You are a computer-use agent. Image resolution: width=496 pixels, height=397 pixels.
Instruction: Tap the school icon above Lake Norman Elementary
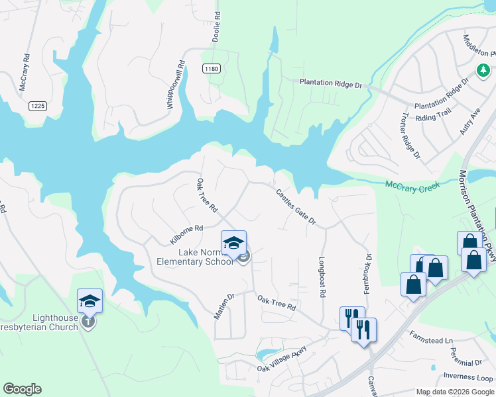[233, 243]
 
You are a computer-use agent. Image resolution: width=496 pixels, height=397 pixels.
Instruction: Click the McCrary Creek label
[412, 188]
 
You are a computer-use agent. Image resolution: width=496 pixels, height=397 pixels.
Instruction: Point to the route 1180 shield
[212, 68]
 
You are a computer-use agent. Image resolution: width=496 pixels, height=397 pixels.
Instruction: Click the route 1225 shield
[37, 106]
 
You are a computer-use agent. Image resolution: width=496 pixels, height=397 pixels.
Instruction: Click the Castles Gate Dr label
[295, 206]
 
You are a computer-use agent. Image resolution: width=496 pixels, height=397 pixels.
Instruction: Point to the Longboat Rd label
[322, 276]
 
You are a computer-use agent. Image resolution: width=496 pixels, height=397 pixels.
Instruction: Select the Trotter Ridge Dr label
[410, 136]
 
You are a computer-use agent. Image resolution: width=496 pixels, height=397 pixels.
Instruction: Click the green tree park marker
[483, 69]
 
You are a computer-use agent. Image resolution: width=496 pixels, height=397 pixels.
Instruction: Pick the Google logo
[22, 389]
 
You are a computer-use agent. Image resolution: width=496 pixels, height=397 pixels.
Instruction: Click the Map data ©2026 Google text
[455, 392]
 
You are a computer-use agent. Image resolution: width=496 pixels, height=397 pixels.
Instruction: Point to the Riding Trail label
[434, 117]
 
